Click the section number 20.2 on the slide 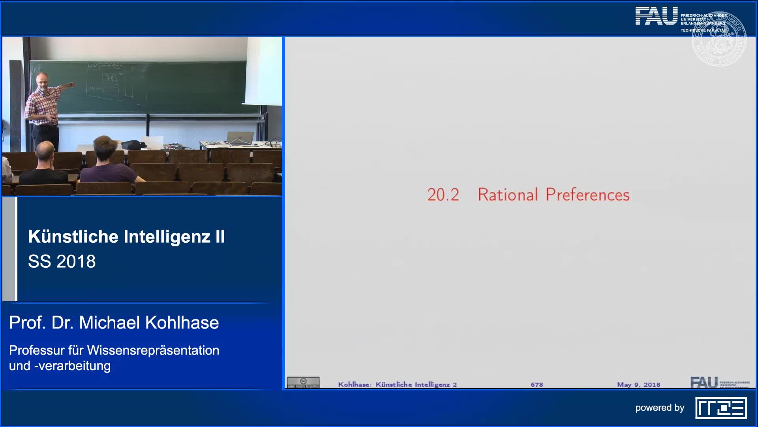click(443, 195)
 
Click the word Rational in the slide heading click(508, 195)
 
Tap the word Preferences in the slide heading click(587, 195)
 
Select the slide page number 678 click(537, 384)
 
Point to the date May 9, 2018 click(638, 384)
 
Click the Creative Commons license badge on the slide click(303, 383)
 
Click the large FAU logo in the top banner click(656, 16)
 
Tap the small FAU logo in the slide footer click(704, 383)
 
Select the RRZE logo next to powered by click(721, 408)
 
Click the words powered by click(660, 408)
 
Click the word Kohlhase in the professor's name click(182, 323)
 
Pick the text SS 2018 click(62, 261)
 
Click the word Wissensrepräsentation click(153, 350)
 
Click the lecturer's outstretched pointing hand click(71, 85)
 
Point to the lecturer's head click(41, 80)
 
